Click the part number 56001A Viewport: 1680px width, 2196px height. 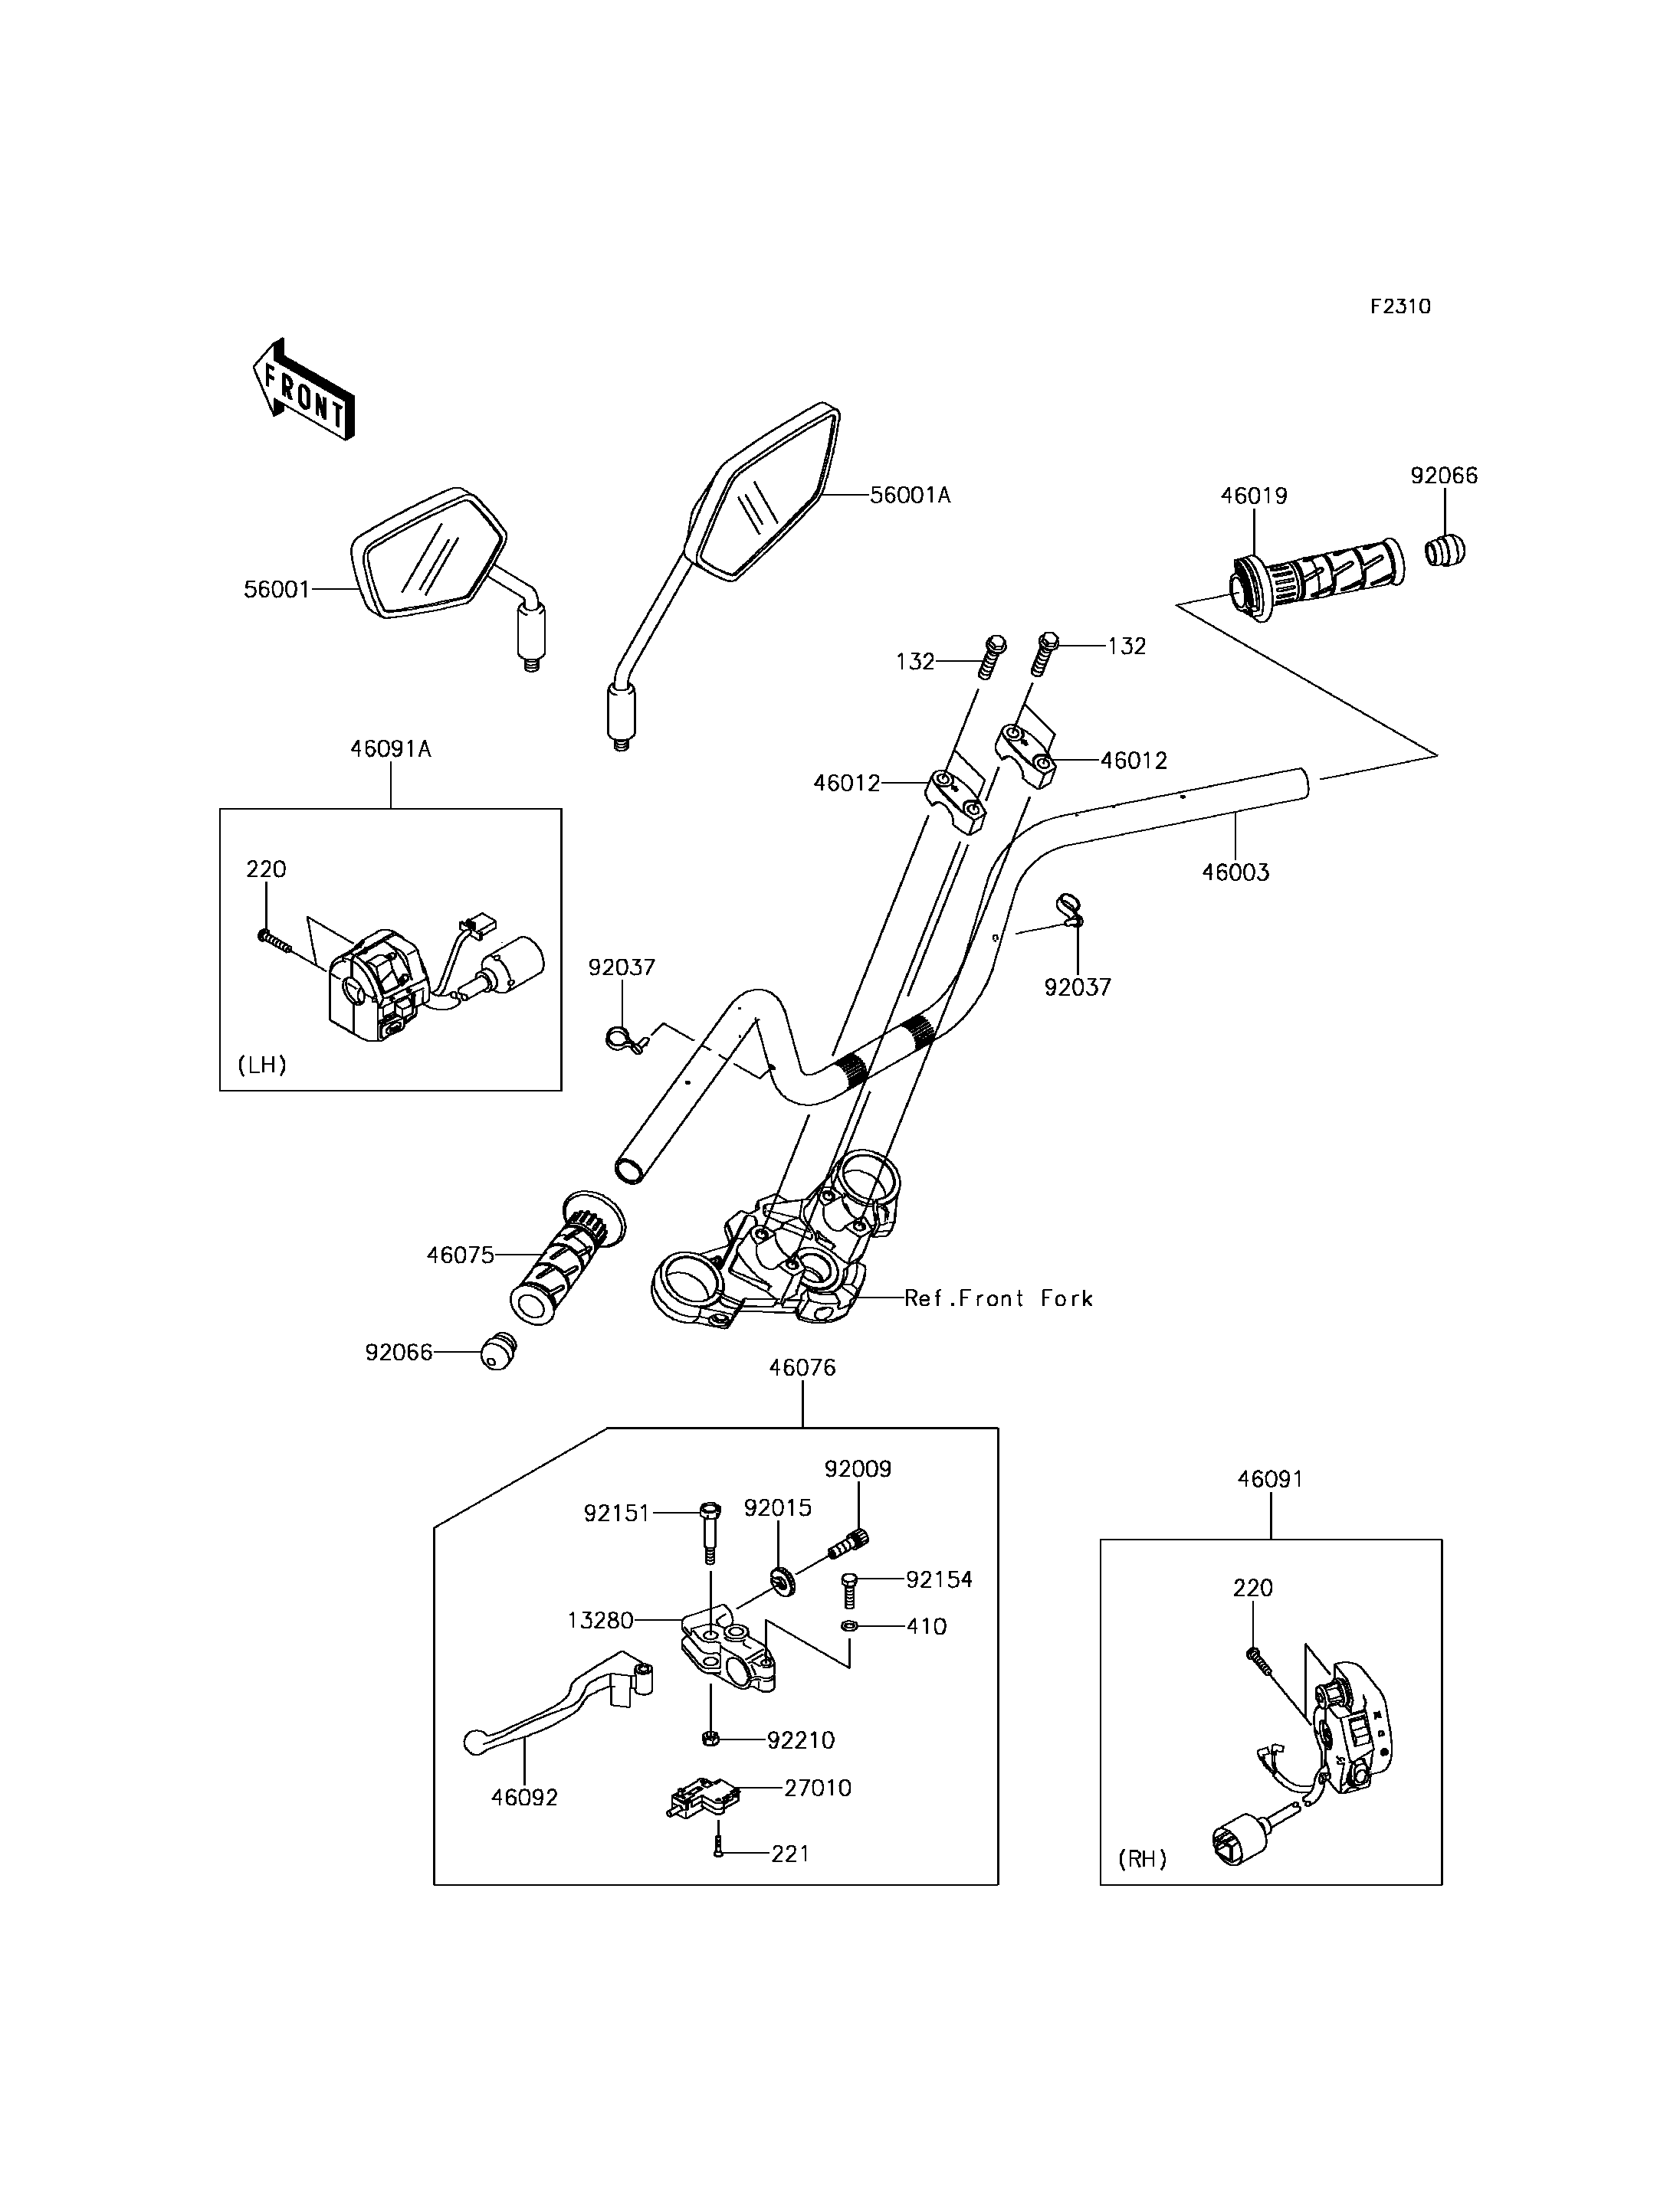click(x=910, y=495)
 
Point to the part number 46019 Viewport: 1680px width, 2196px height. click(x=1254, y=496)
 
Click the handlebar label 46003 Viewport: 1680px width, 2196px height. click(x=1236, y=872)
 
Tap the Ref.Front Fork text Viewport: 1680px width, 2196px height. click(x=999, y=1298)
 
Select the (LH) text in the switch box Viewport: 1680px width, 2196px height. click(x=262, y=1065)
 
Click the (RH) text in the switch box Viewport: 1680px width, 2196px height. click(x=1142, y=1859)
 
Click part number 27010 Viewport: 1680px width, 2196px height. click(x=818, y=1789)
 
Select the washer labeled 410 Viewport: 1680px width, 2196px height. click(x=848, y=1627)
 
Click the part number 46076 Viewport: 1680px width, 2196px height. click(x=802, y=1367)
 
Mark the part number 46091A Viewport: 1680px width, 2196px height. click(x=391, y=748)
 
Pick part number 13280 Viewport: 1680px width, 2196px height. click(x=601, y=1620)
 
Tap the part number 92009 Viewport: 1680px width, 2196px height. click(x=858, y=1468)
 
